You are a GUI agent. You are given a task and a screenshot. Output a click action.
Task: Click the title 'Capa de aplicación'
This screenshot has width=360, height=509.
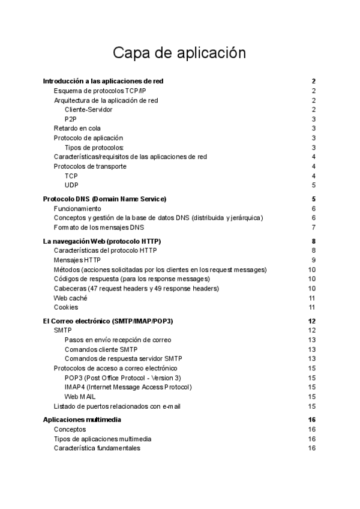tap(179, 53)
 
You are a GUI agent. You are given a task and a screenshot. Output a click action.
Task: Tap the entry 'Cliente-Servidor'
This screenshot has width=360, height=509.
tap(88, 109)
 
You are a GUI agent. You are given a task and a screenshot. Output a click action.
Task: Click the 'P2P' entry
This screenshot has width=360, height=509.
tap(71, 119)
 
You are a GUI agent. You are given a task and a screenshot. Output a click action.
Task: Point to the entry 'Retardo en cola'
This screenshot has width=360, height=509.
tap(77, 128)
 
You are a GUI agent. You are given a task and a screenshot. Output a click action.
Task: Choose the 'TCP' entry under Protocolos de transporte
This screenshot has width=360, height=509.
tap(71, 176)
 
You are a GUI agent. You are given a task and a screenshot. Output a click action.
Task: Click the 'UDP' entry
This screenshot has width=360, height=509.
tap(71, 185)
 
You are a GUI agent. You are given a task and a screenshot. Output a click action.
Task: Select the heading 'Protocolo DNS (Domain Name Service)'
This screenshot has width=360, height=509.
tap(105, 199)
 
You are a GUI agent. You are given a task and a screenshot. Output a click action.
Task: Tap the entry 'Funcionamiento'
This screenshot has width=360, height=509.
tap(77, 208)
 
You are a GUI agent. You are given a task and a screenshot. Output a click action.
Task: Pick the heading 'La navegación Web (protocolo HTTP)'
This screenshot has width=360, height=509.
tap(102, 241)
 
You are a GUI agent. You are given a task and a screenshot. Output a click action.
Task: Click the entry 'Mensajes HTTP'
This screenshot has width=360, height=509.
tap(77, 260)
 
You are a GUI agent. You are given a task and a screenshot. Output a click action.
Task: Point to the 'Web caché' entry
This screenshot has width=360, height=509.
tap(70, 298)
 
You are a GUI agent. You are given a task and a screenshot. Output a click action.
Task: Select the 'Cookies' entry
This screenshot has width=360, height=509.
tap(66, 307)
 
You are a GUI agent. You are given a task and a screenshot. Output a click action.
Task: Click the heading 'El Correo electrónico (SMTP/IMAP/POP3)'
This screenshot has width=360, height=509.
tap(112, 321)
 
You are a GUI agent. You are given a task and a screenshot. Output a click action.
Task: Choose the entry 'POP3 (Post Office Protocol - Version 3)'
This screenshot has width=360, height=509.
tap(122, 378)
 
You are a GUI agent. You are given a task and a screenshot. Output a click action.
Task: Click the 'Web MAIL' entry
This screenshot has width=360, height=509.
tap(80, 397)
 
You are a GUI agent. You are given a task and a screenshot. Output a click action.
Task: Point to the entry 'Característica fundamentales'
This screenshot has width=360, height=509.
tap(97, 448)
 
